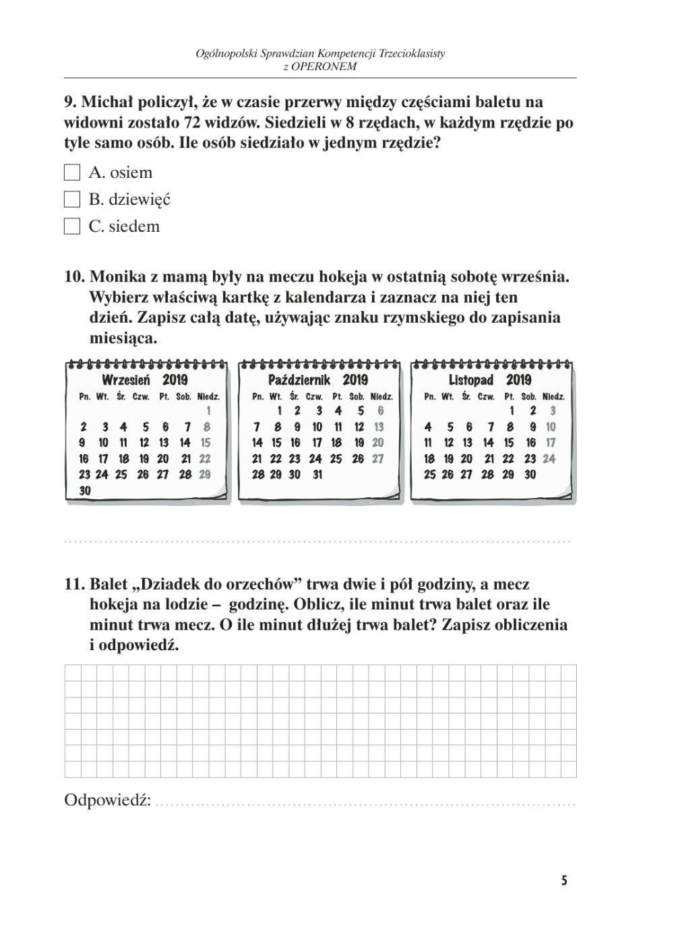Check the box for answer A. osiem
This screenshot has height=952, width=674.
point(72,173)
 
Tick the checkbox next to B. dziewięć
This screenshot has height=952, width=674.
point(72,200)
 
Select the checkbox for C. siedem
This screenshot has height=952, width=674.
point(72,227)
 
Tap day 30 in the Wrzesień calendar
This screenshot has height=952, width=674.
point(85,491)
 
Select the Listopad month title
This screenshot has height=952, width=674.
point(471,380)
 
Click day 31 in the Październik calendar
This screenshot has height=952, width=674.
point(317,474)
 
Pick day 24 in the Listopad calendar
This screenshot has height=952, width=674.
point(549,459)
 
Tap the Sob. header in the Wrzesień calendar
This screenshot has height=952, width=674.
point(184,397)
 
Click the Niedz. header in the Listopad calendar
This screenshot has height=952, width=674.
point(553,397)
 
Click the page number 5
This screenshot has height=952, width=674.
point(564,881)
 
